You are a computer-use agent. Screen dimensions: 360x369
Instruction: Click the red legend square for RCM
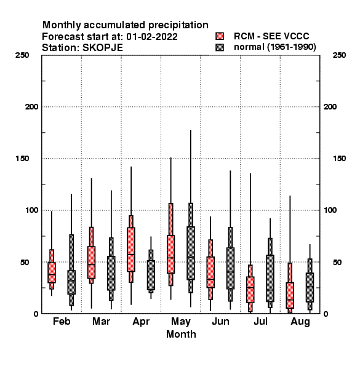[x=220, y=36]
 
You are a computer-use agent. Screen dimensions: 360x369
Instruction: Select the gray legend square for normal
[x=220, y=47]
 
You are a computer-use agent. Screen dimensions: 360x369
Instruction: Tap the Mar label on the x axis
[x=102, y=321]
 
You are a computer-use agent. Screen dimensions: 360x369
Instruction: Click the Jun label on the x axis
[x=220, y=321]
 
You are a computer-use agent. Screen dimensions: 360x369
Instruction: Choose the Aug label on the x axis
[x=300, y=322]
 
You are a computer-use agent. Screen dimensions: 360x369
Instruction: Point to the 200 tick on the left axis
[x=31, y=107]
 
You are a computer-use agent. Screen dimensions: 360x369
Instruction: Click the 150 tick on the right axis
[x=340, y=159]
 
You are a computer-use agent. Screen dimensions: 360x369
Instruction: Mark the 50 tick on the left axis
[x=25, y=262]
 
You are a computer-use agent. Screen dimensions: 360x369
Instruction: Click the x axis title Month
[x=181, y=334]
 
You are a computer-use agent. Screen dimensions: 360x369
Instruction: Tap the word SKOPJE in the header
[x=103, y=48]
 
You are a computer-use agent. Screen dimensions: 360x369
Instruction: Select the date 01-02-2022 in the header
[x=152, y=37]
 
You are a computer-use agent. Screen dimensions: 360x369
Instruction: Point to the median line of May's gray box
[x=191, y=257]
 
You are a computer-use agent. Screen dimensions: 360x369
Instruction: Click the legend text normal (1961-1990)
[x=274, y=47]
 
